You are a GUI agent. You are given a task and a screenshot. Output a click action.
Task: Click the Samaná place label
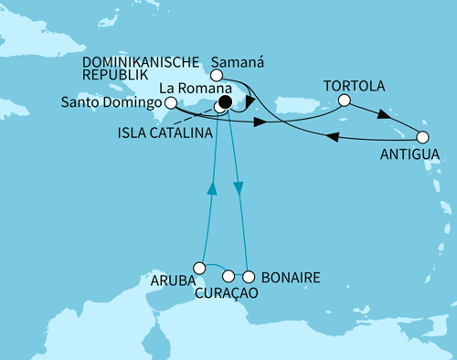tap(233, 66)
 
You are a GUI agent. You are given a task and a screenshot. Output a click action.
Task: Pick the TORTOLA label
tap(352, 85)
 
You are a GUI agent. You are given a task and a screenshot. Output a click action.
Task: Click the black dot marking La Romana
tap(226, 101)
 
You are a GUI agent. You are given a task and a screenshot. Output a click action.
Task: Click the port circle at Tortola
tap(344, 101)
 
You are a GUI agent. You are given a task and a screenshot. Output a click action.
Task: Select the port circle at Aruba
tap(199, 268)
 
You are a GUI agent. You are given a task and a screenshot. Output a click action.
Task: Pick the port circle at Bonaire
tap(247, 274)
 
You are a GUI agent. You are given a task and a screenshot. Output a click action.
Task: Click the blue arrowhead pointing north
tap(211, 187)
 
